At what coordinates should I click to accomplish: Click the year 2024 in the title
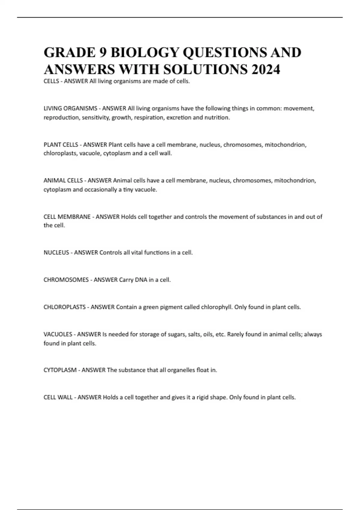pyautogui.click(x=266, y=70)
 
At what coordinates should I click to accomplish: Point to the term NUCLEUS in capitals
pyautogui.click(x=56, y=253)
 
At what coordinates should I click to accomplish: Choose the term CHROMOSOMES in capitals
pyautogui.click(x=66, y=280)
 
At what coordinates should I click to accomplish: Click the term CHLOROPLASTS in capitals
pyautogui.click(x=64, y=307)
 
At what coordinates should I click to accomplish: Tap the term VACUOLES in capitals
pyautogui.click(x=58, y=334)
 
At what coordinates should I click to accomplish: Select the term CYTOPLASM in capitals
pyautogui.click(x=60, y=370)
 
